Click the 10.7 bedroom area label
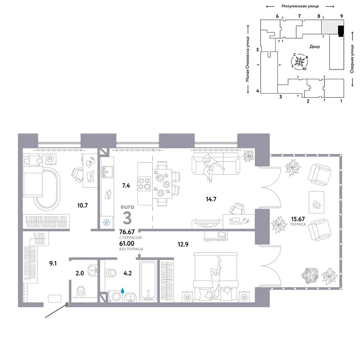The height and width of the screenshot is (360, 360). click(x=82, y=205)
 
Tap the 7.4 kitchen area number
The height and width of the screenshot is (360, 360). click(x=126, y=186)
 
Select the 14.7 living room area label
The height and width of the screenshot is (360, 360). click(x=211, y=199)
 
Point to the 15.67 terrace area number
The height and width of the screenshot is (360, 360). click(x=298, y=219)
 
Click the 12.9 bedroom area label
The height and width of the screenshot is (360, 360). click(x=183, y=244)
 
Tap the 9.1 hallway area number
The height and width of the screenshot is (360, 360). click(x=53, y=263)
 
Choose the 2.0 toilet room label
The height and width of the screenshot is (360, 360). click(x=79, y=273)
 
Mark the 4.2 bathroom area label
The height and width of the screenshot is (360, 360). click(x=127, y=273)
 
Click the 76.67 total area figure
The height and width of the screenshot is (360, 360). click(x=127, y=232)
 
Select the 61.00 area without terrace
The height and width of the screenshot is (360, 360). click(x=127, y=244)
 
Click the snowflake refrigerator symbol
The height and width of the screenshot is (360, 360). click(x=106, y=222)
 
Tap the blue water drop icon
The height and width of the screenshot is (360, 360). click(x=123, y=290)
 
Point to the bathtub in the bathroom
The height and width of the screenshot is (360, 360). click(x=148, y=281)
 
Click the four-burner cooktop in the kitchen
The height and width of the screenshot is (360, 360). click(x=144, y=183)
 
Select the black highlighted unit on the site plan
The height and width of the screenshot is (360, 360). click(x=341, y=31)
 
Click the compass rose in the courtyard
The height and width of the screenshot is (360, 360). click(x=299, y=61)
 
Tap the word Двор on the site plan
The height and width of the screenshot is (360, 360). click(x=315, y=46)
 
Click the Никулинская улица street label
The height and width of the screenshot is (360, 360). click(x=300, y=6)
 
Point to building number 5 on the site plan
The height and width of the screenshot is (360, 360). click(x=258, y=49)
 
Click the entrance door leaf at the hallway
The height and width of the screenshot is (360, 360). click(x=56, y=311)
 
